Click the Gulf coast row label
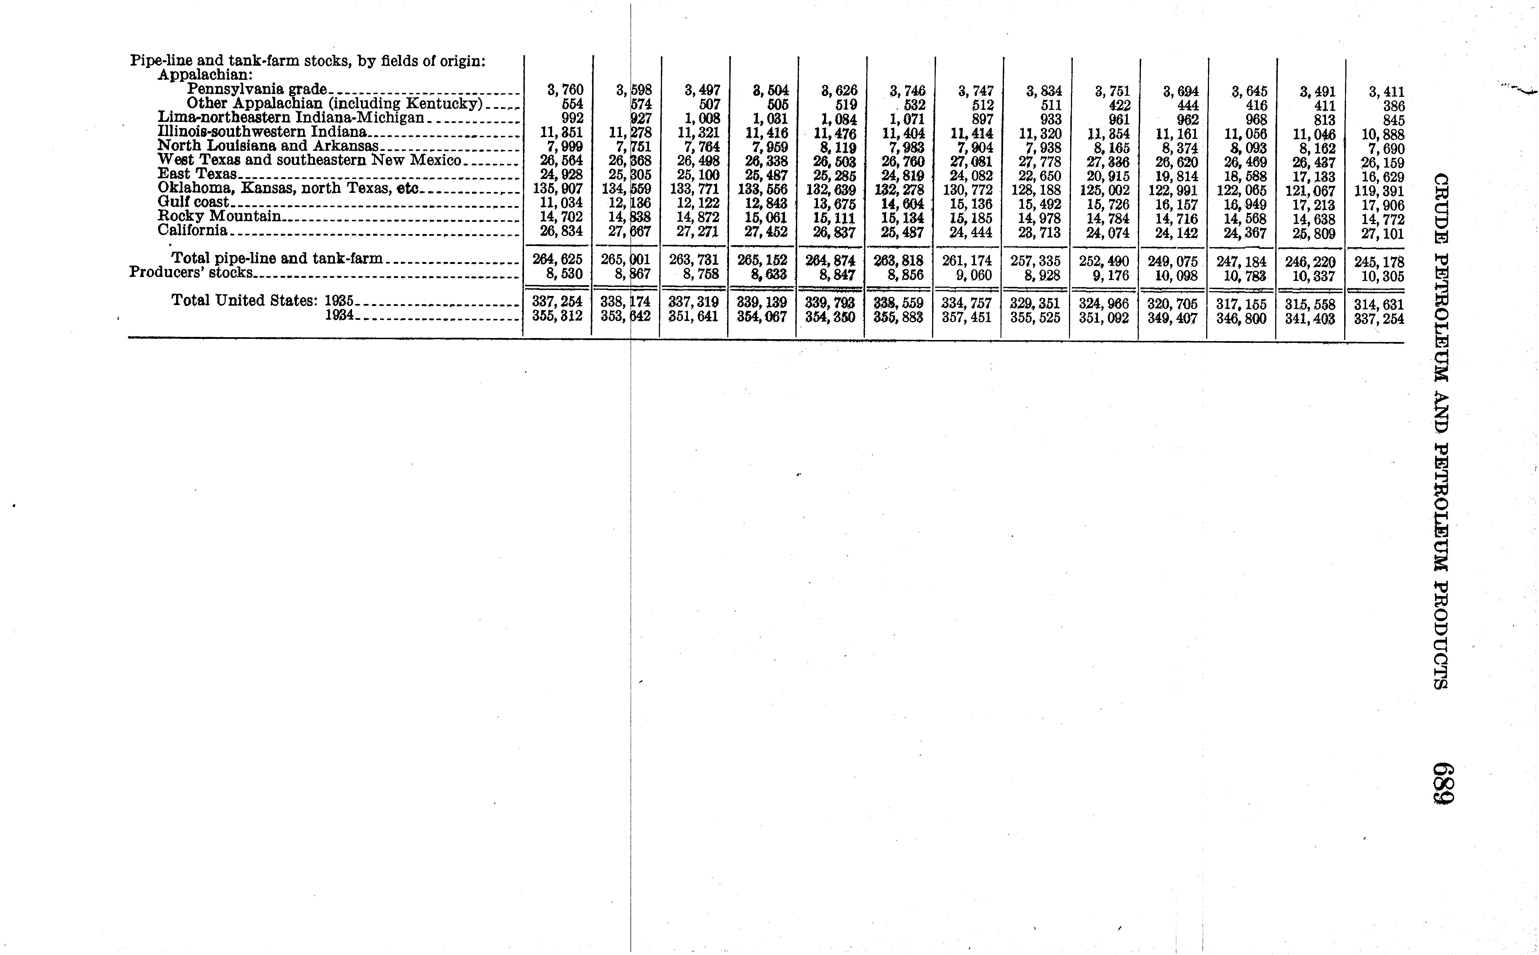pyautogui.click(x=193, y=202)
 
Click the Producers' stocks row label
pyautogui.click(x=191, y=273)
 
